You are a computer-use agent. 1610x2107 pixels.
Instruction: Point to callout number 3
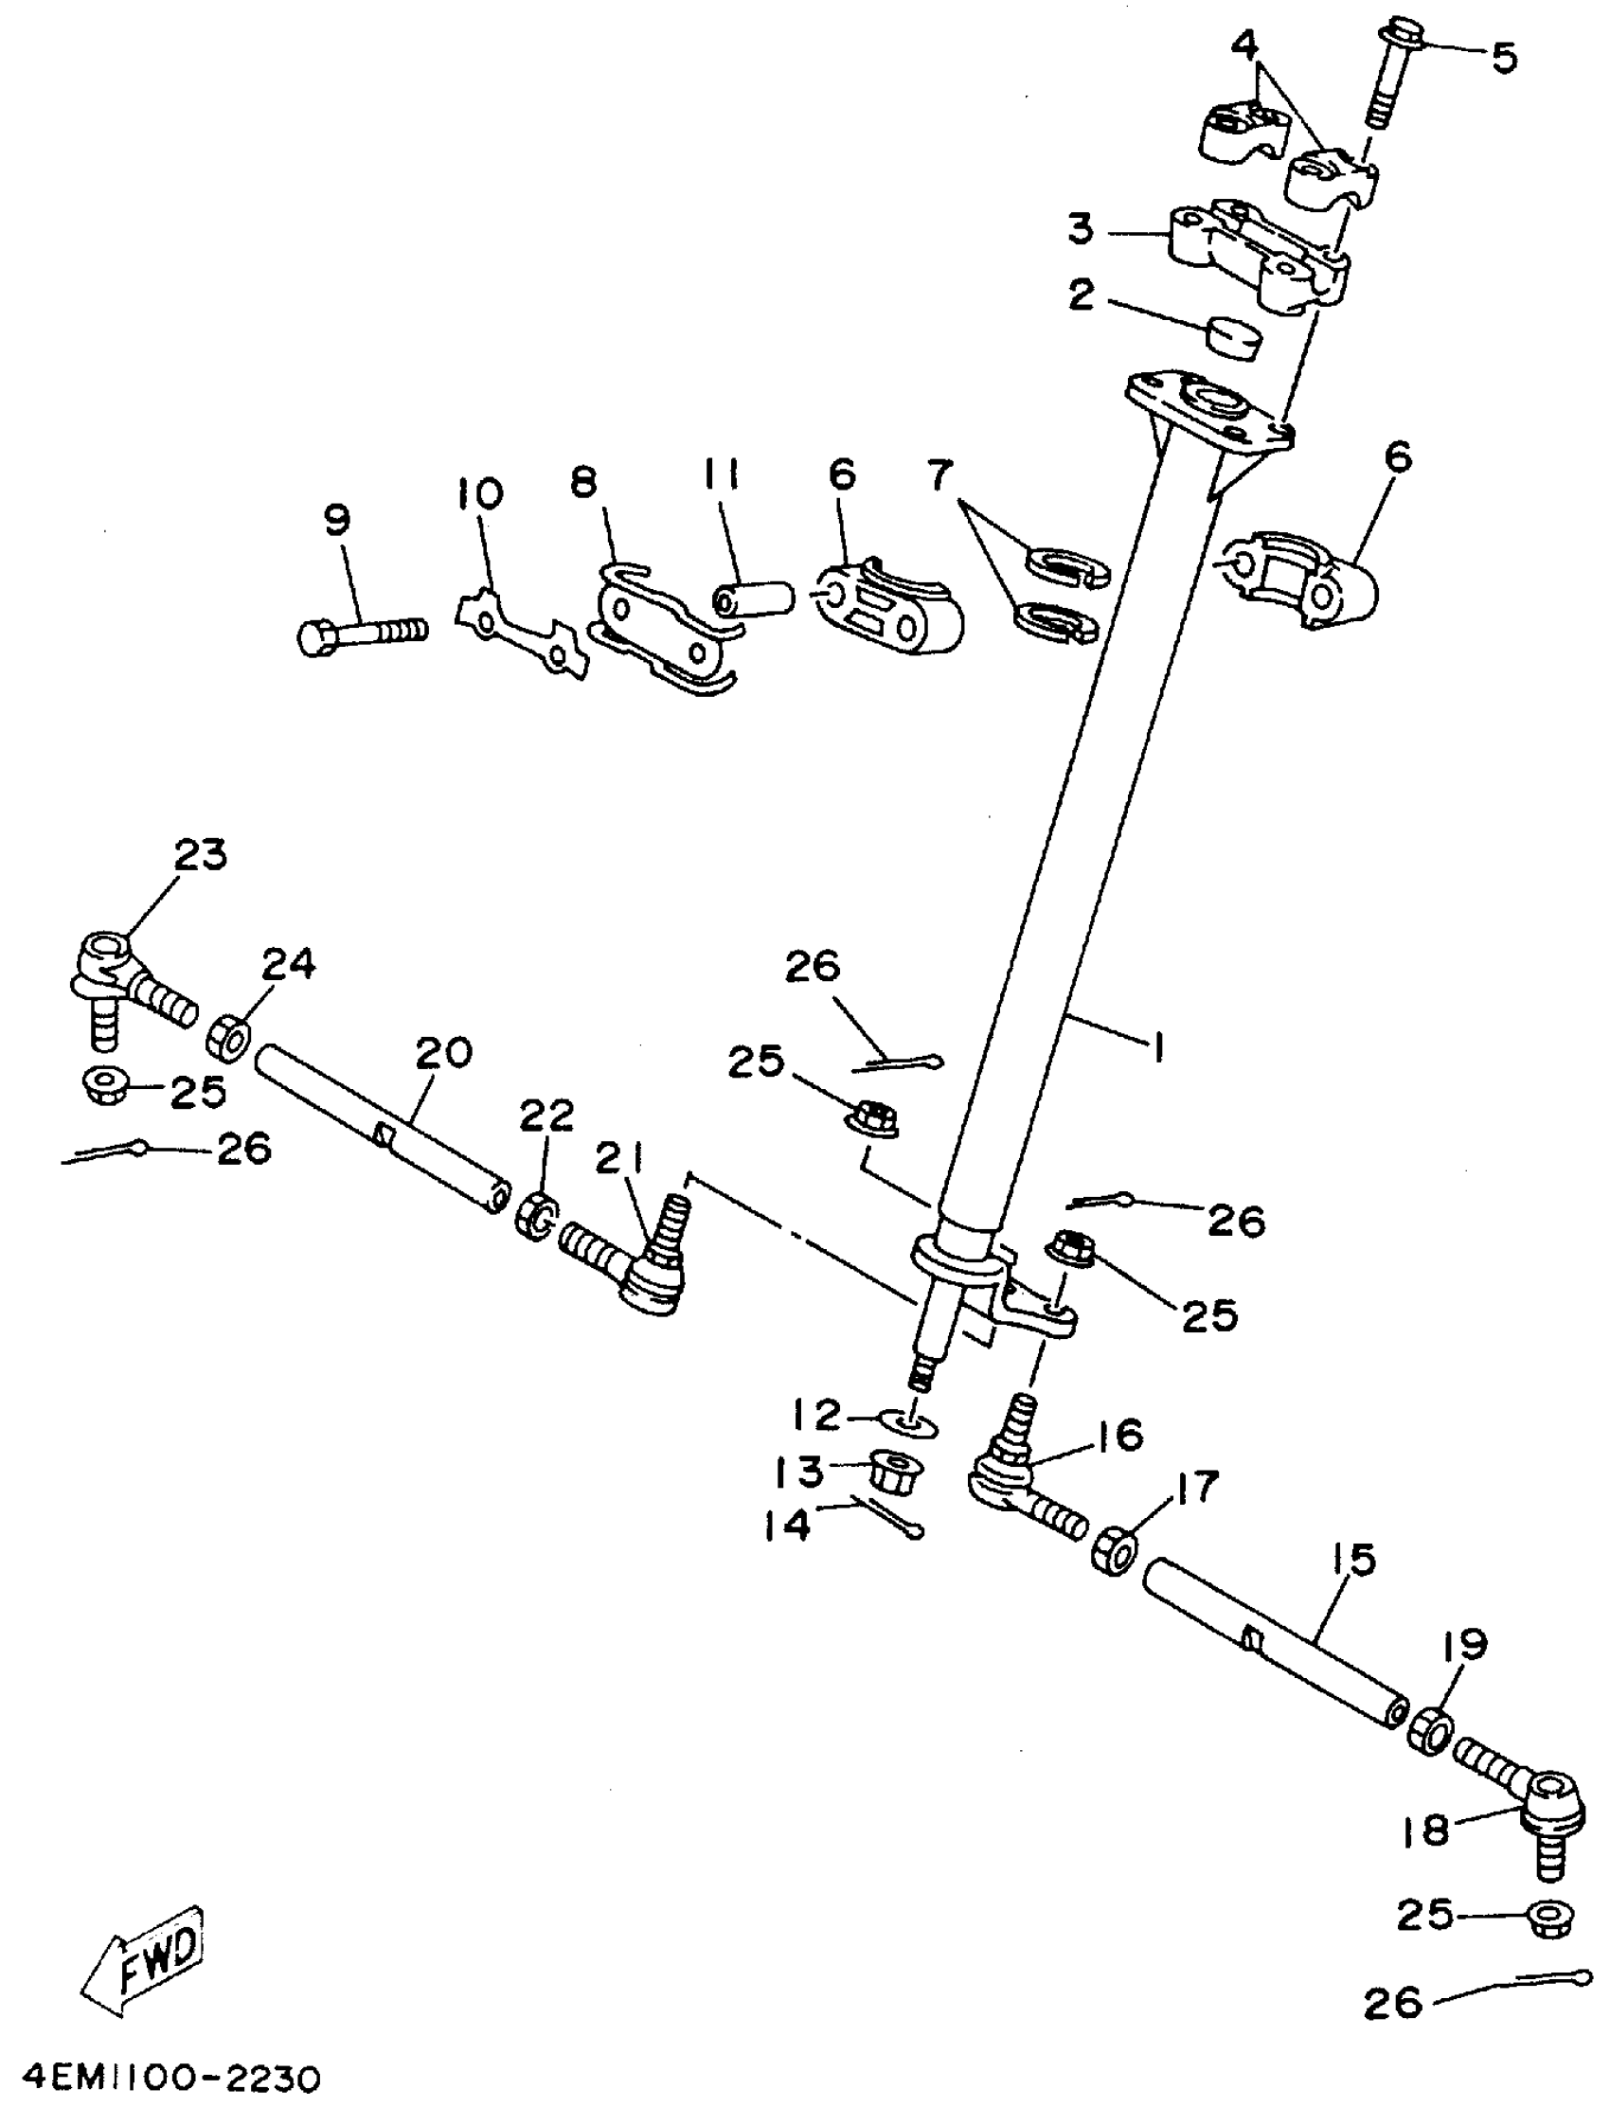tap(1081, 230)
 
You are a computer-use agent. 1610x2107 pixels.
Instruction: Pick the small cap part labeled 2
tap(1233, 338)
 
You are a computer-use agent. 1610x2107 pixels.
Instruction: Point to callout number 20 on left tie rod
tap(444, 1053)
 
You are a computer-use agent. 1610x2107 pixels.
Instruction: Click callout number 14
tap(788, 1525)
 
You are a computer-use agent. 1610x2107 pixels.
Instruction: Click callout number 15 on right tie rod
tap(1352, 1559)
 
